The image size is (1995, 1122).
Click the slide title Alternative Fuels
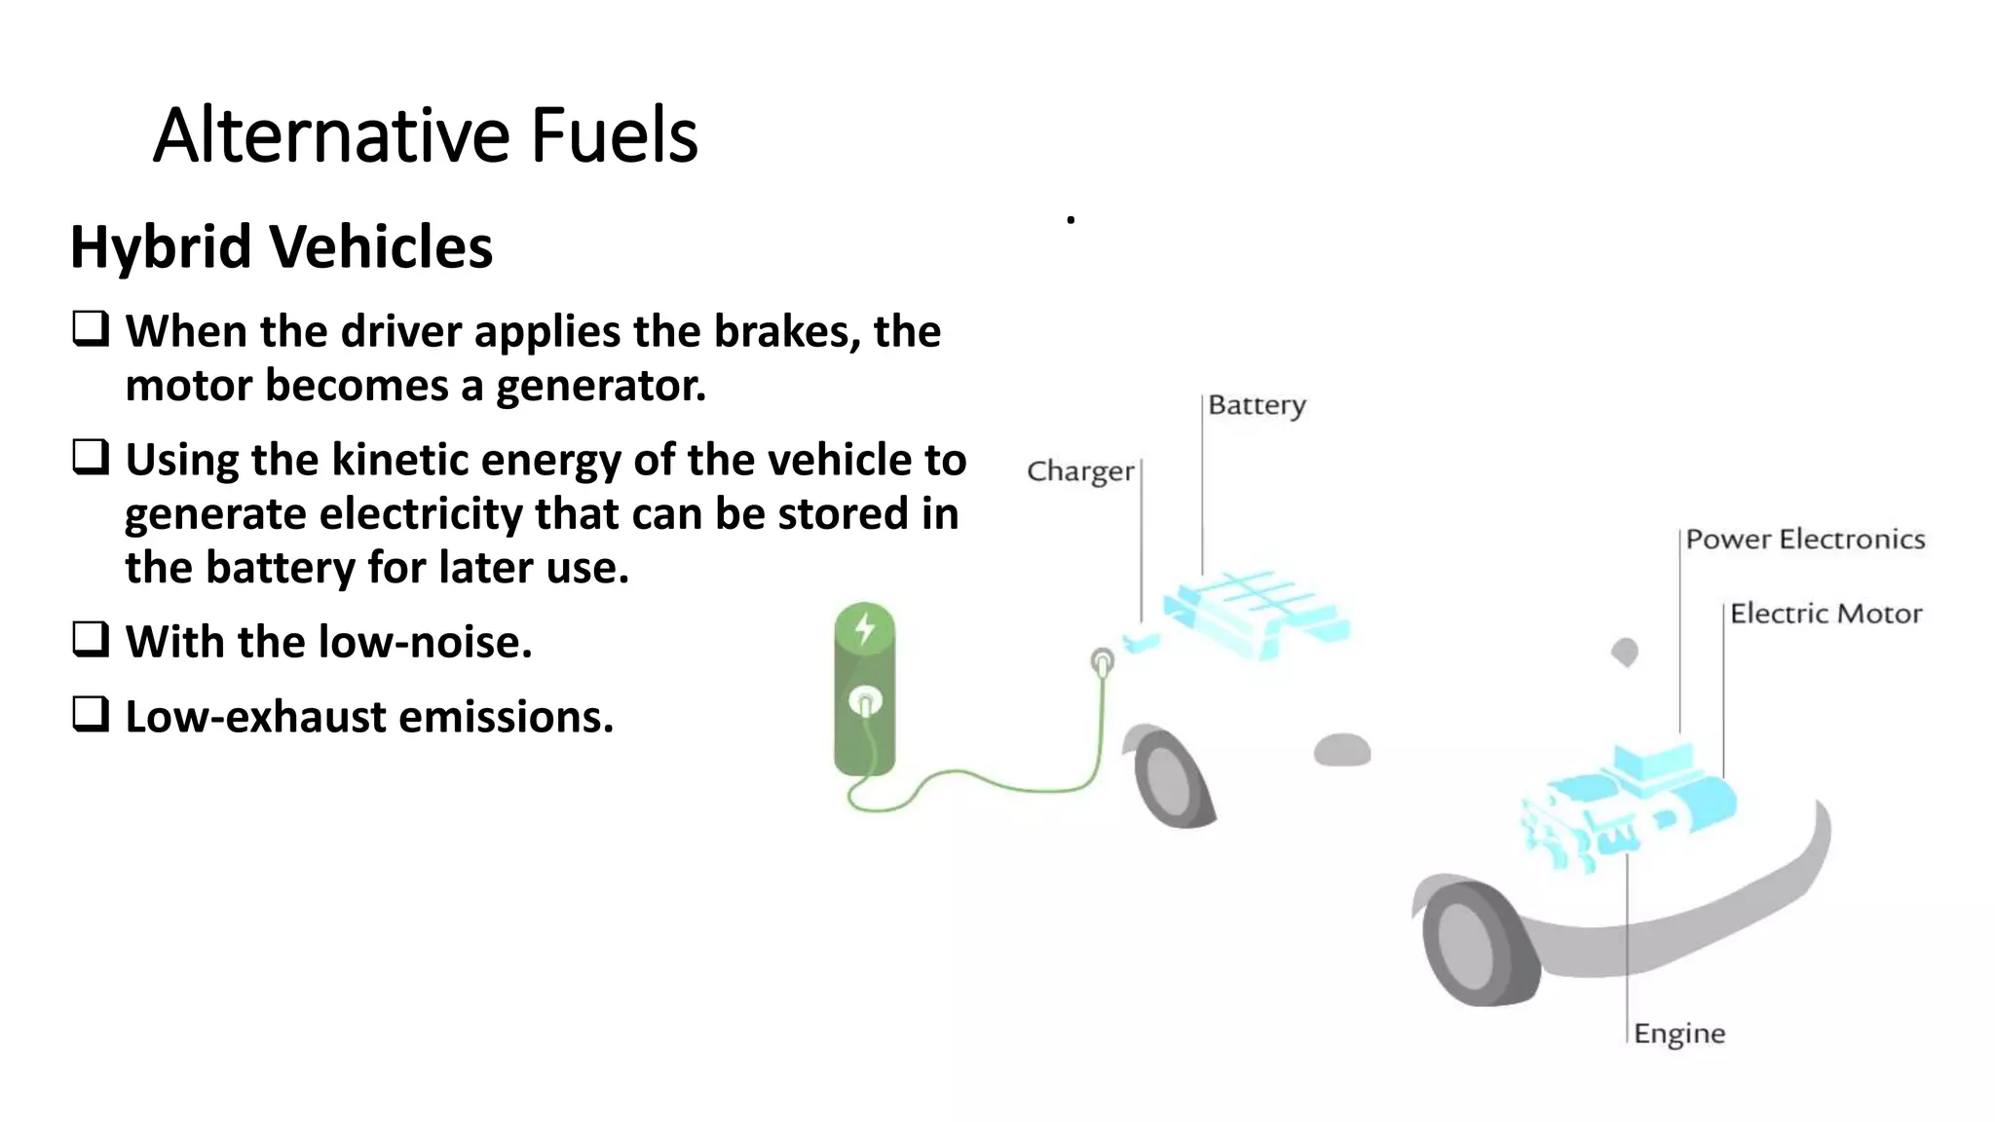[x=425, y=135]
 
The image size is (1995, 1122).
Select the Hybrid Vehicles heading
[x=281, y=246]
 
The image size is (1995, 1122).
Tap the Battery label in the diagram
[x=1257, y=405]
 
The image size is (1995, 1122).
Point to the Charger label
[x=1080, y=471]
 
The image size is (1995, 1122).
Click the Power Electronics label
[x=1805, y=540]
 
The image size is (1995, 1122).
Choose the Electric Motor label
[x=1826, y=614]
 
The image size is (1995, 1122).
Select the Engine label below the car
[x=1678, y=1033]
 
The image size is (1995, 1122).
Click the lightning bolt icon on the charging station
[x=864, y=629]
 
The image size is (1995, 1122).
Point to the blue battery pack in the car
[x=1257, y=612]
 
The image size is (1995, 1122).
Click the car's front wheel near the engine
[x=1471, y=943]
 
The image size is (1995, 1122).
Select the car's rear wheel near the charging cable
[x=1169, y=776]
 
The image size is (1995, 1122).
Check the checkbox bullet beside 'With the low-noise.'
[x=91, y=640]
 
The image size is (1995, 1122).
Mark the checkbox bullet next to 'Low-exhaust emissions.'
[x=91, y=715]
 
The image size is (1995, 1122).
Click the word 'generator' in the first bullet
[x=600, y=386]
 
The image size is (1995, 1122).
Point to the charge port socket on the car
[x=1102, y=663]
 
